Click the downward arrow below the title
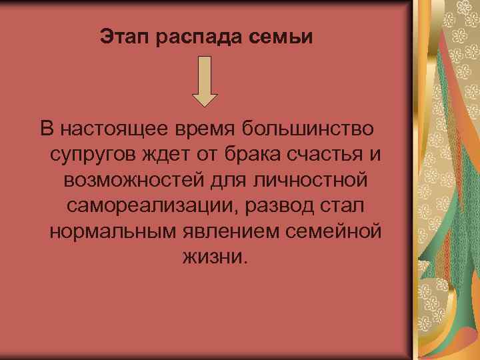pyautogui.click(x=205, y=81)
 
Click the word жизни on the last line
pyautogui.click(x=214, y=257)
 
